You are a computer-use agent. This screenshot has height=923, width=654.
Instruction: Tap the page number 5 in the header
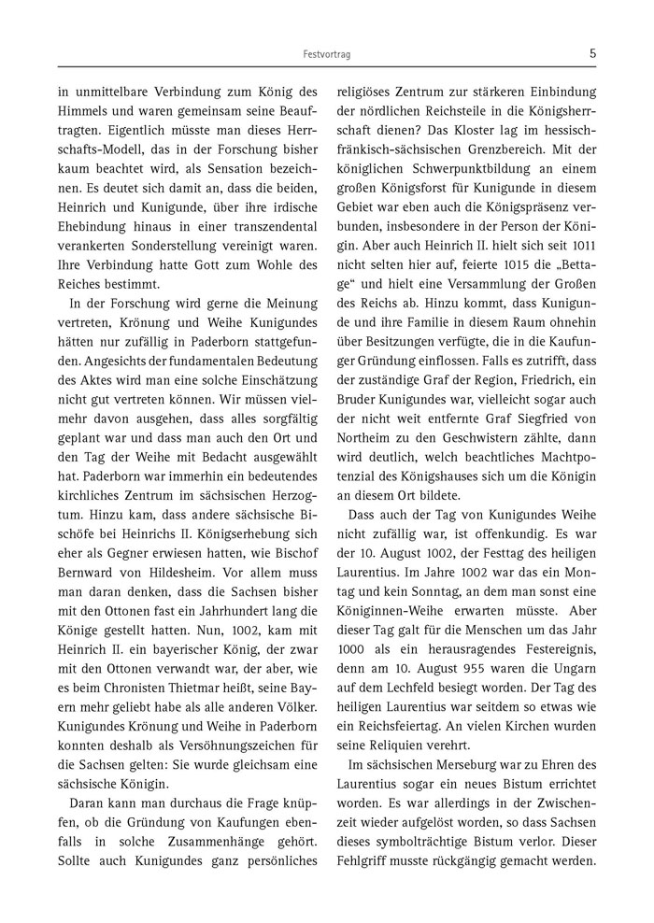point(593,53)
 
